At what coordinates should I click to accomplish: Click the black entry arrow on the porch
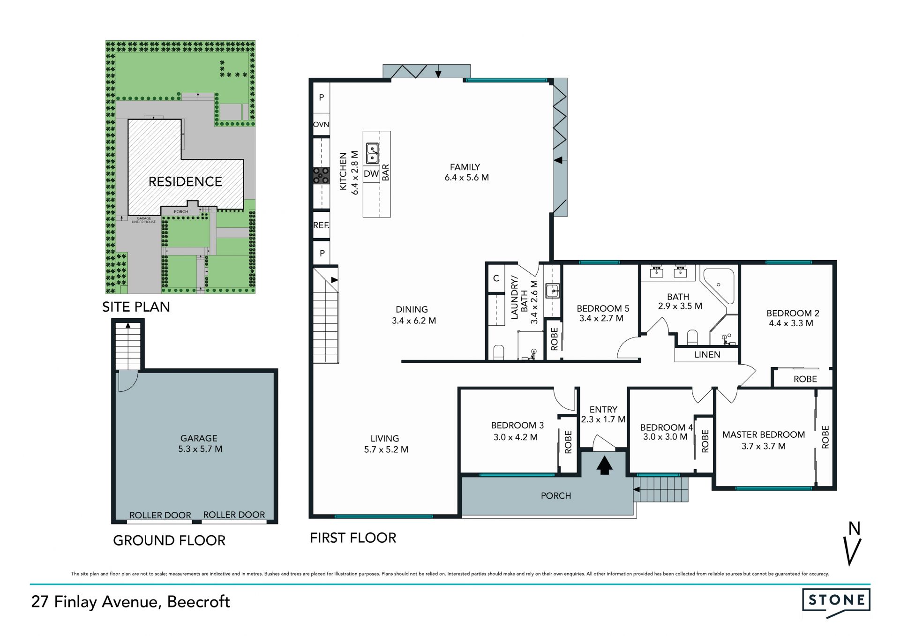click(604, 465)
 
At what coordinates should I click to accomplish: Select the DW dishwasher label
click(371, 174)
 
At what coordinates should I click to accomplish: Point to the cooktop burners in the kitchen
click(321, 175)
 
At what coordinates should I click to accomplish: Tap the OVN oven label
click(321, 125)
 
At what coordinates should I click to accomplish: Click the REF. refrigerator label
click(321, 225)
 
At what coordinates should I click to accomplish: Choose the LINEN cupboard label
click(707, 355)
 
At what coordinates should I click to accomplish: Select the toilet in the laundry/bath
click(499, 352)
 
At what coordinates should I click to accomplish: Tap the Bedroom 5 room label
click(603, 308)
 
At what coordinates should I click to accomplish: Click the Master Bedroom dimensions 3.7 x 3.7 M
click(764, 446)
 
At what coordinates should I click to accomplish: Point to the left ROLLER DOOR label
click(160, 515)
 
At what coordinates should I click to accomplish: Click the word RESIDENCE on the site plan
click(185, 182)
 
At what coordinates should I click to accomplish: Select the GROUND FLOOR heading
click(169, 540)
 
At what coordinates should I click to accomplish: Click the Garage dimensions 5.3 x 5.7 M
click(200, 449)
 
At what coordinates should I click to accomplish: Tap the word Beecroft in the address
click(199, 602)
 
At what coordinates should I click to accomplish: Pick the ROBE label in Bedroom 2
click(805, 379)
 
